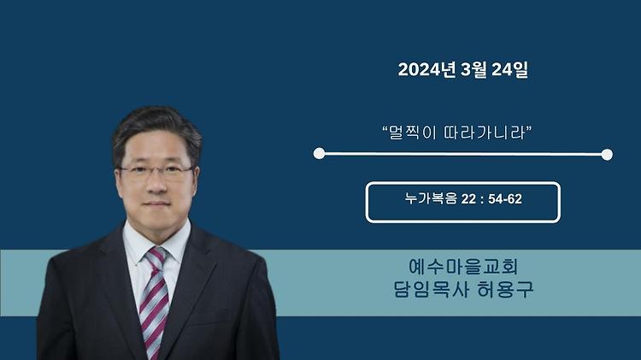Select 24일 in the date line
tap(509, 69)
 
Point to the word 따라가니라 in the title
tap(484, 133)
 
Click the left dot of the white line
tap(319, 153)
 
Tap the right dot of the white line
tap(607, 154)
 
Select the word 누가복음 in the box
tap(431, 199)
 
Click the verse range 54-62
tap(505, 199)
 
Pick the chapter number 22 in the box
tap(468, 199)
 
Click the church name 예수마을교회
tap(463, 266)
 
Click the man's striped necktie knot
tap(156, 257)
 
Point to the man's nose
tap(156, 184)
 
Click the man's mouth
tap(156, 204)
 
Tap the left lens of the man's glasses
tap(135, 172)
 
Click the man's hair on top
tap(156, 119)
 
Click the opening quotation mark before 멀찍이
tap(385, 128)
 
